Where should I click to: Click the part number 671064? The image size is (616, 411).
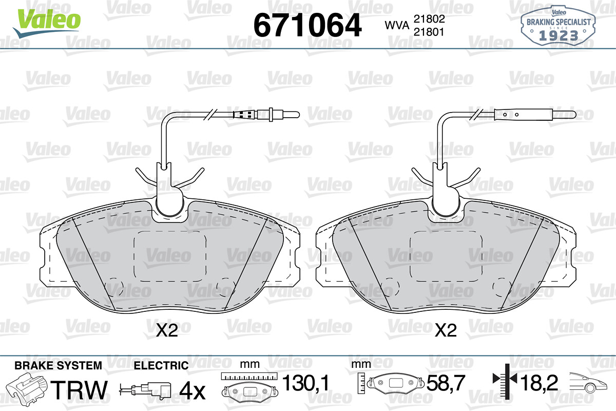point(307,25)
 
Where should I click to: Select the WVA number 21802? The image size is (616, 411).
point(429,19)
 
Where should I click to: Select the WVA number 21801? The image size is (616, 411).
point(429,32)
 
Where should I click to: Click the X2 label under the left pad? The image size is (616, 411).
point(167,330)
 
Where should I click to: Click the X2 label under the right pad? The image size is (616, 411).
point(446,330)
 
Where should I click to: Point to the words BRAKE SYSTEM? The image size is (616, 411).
point(58,365)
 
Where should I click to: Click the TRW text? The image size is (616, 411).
point(79,390)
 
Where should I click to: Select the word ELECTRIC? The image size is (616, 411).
point(161,365)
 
